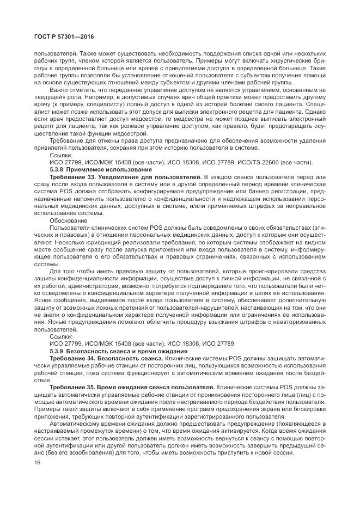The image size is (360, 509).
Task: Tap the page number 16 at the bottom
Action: pyautogui.click(x=38, y=462)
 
